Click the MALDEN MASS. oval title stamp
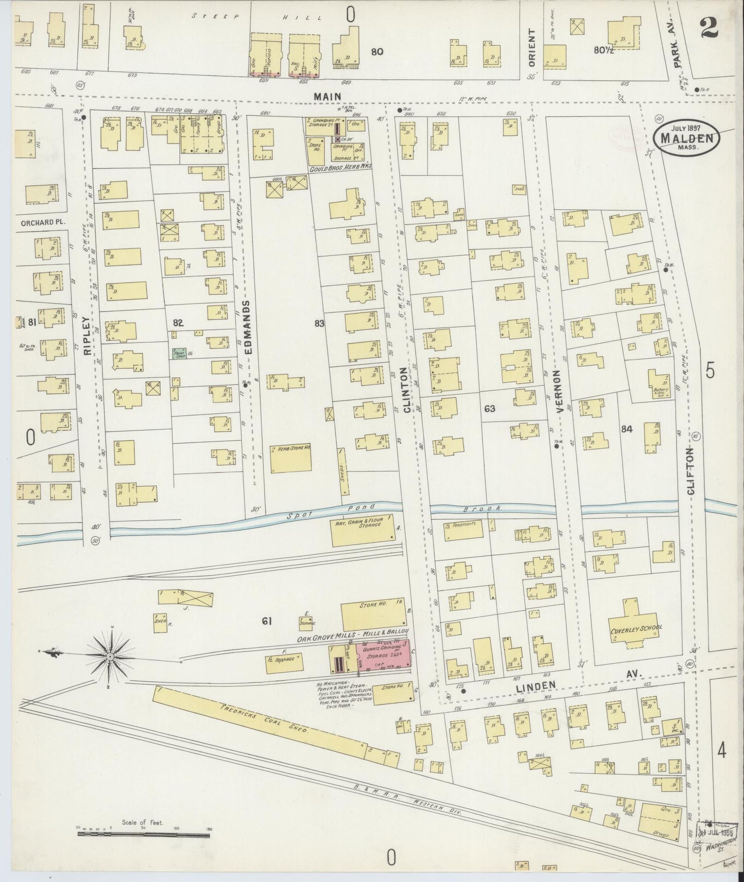click(x=686, y=137)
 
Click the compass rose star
click(x=111, y=657)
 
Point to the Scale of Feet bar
click(x=144, y=832)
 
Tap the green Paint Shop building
click(x=180, y=354)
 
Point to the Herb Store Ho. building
click(x=291, y=458)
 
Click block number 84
click(x=627, y=429)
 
